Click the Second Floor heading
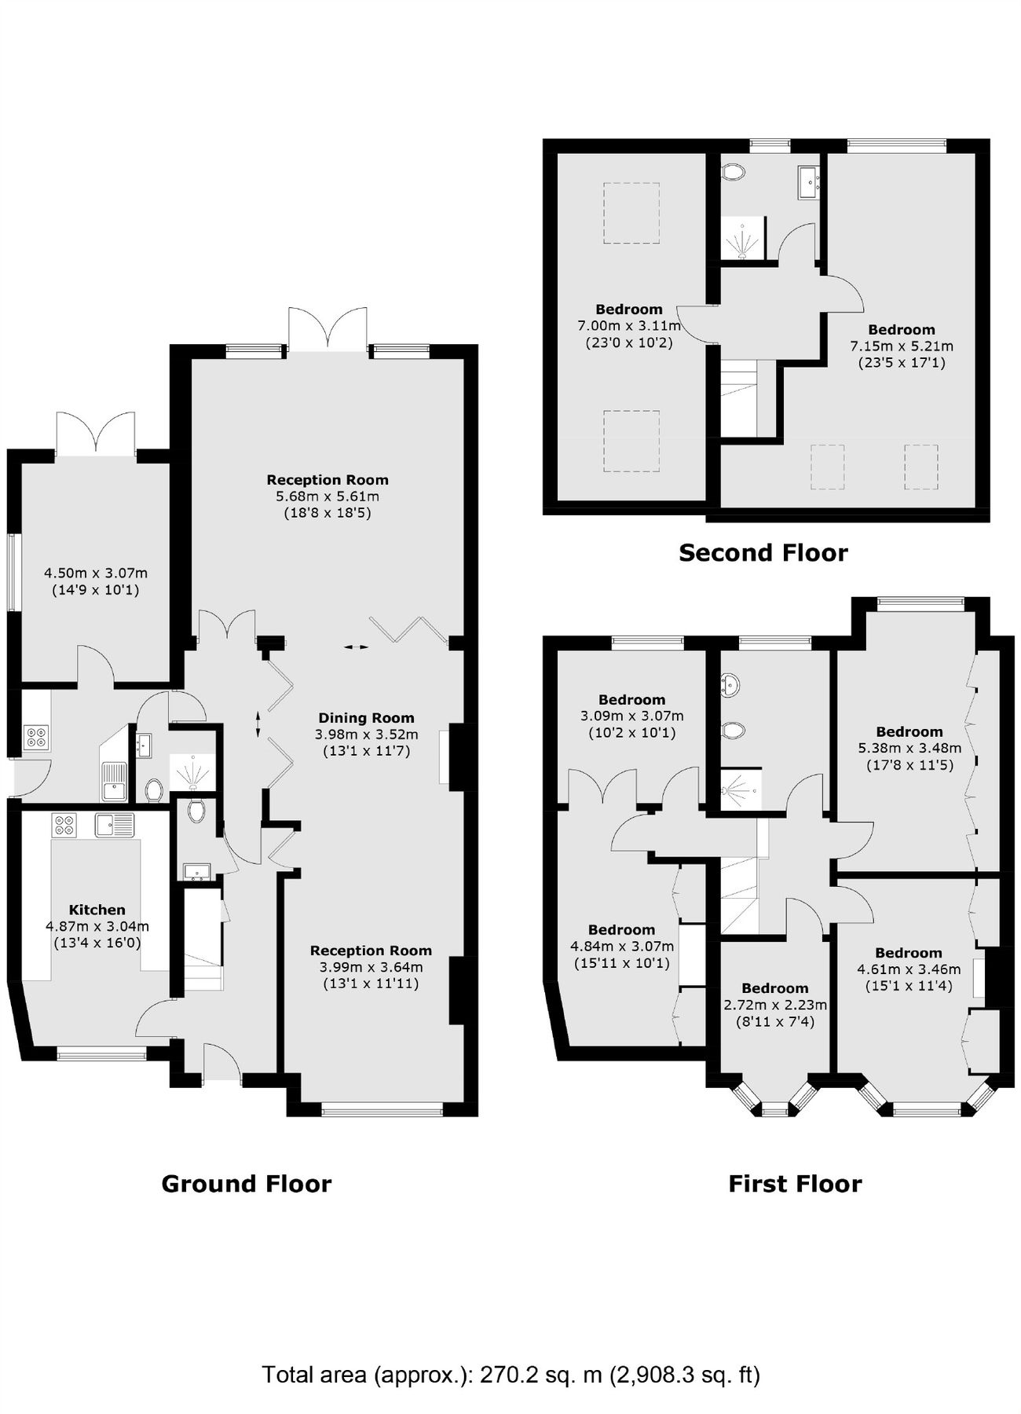click(763, 553)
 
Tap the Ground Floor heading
click(246, 1184)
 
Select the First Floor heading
click(794, 1184)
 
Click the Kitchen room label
click(97, 910)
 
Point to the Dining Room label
click(366, 717)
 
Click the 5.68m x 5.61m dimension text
click(327, 496)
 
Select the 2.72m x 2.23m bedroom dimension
click(774, 1005)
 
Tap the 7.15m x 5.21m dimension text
click(901, 346)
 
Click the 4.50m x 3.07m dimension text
click(95, 573)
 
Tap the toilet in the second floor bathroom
click(732, 172)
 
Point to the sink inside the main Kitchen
click(114, 825)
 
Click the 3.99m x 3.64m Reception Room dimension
click(371, 967)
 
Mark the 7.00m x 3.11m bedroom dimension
click(628, 325)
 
